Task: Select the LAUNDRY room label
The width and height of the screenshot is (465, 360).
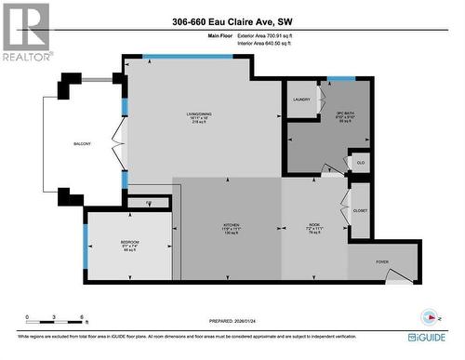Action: pos(300,99)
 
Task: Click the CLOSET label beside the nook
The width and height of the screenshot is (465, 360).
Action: pos(360,210)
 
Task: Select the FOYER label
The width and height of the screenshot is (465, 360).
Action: pos(382,261)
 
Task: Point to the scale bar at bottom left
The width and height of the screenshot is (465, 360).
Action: pos(55,322)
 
